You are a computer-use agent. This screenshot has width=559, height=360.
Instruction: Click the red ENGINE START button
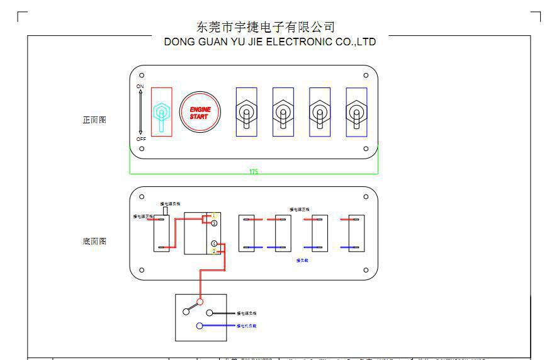pos(200,113)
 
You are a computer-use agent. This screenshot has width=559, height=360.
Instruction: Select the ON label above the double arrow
pos(140,86)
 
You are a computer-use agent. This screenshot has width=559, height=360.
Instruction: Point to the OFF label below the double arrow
pos(141,139)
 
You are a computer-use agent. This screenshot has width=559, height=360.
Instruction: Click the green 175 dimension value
pos(253,171)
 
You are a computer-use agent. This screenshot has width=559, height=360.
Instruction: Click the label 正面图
pos(94,120)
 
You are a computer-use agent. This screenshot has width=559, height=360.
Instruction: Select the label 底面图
pos(94,241)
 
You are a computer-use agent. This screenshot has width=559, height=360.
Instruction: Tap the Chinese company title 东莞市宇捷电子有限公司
pos(266,26)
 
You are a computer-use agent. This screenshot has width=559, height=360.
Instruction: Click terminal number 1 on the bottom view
pos(214,216)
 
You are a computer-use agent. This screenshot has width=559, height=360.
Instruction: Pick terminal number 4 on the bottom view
pos(214,244)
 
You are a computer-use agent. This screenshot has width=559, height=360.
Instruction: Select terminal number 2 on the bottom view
pos(214,251)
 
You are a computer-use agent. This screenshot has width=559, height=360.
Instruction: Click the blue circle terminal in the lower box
pos(200,326)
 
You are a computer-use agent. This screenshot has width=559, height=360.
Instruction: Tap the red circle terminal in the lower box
pos(201,302)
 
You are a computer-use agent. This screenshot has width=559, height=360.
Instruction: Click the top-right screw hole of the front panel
pos(366,76)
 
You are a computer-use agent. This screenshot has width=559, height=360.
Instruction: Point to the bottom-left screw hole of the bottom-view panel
pos(142,270)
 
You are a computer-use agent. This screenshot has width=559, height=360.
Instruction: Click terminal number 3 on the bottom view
pos(214,223)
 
